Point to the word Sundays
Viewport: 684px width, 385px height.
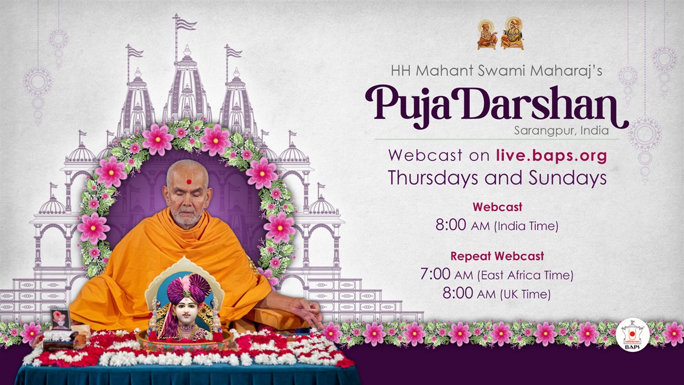(568, 178)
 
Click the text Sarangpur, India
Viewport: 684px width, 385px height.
(561, 131)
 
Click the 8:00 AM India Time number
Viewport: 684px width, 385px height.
(450, 225)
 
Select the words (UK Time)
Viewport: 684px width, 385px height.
(525, 294)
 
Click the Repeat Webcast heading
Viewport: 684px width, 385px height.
(497, 256)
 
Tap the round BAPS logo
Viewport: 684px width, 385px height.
(632, 335)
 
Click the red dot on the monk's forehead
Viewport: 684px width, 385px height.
(189, 182)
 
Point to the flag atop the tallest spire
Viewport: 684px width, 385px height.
(186, 23)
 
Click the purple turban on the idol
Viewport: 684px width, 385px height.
(189, 287)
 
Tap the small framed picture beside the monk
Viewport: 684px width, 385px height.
(60, 319)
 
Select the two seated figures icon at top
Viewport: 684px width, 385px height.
(500, 33)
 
